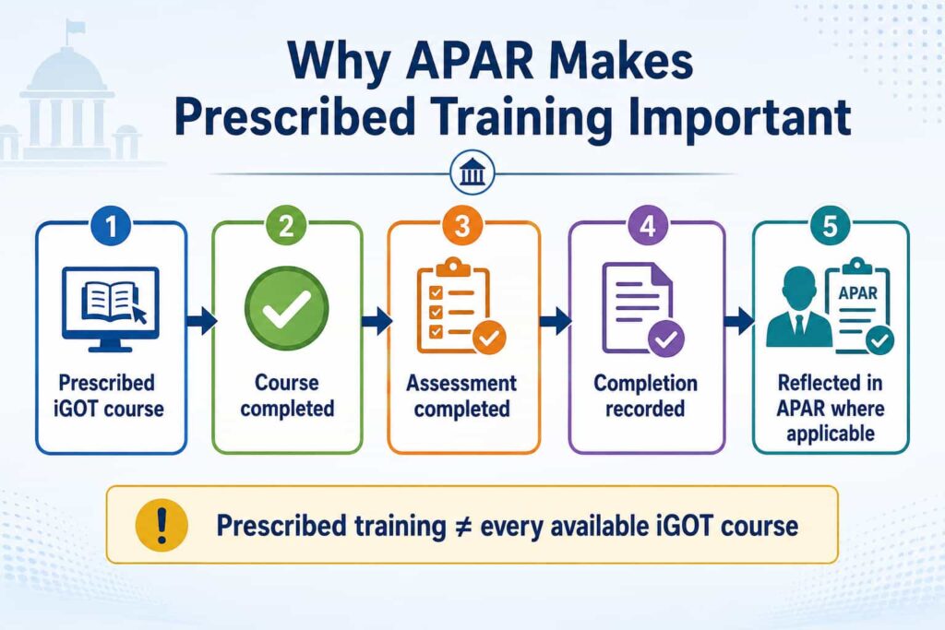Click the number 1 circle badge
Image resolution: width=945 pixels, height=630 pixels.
coord(111,226)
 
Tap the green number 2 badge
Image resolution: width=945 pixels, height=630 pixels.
coord(286,226)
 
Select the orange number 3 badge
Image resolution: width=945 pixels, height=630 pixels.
coord(462,226)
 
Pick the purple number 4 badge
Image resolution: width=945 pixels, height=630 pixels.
coord(647,226)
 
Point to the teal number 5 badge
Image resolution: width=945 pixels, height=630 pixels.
coord(830,226)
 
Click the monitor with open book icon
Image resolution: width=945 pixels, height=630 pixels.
coord(111,309)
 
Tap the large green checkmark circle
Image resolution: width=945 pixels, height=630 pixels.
coord(287,308)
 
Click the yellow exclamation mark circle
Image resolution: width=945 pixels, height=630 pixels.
coord(161,525)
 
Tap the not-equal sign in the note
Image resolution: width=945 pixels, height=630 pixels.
coord(462,527)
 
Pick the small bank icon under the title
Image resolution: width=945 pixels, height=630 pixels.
coord(472,173)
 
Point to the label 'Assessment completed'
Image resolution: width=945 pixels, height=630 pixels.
coord(461,396)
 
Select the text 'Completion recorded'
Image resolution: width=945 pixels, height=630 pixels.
coord(645,396)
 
